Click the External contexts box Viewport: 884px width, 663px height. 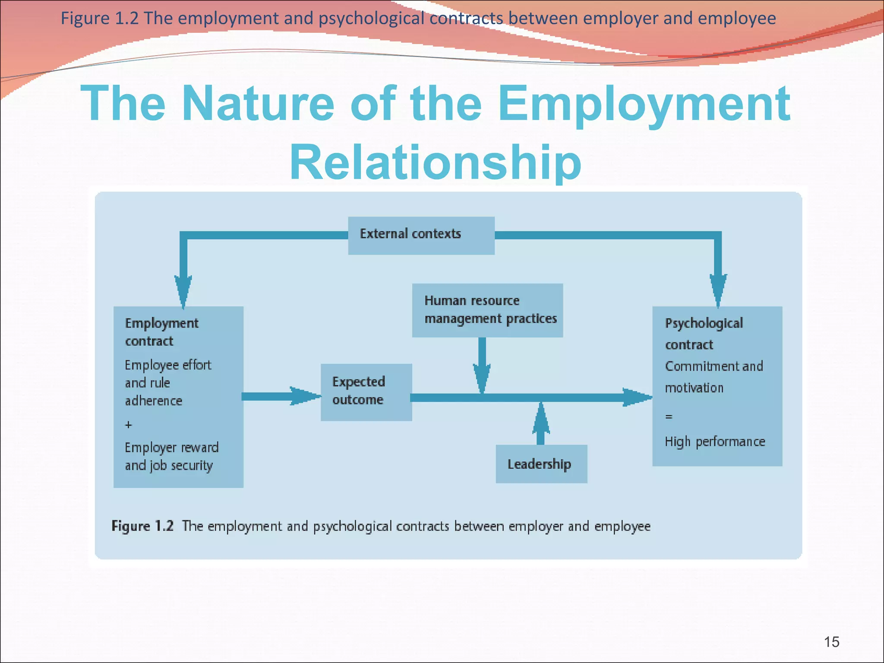pyautogui.click(x=421, y=235)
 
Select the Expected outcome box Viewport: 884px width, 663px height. pyautogui.click(x=366, y=392)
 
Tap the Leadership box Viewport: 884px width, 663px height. pyautogui.click(x=541, y=464)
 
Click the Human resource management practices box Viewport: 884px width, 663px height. pyautogui.click(x=487, y=310)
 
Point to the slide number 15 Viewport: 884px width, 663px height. pyautogui.click(x=831, y=642)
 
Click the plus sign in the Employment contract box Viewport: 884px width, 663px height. pyautogui.click(x=129, y=425)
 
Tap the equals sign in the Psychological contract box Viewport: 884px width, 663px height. pyautogui.click(x=669, y=417)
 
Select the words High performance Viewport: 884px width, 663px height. pyautogui.click(x=715, y=442)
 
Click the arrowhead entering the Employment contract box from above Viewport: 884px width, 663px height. pyautogui.click(x=183, y=291)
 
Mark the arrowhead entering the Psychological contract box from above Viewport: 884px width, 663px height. pyautogui.click(x=718, y=290)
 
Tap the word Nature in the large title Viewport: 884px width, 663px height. pyautogui.click(x=258, y=104)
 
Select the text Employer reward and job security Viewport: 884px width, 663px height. pyautogui.click(x=172, y=456)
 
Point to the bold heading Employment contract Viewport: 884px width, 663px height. pyautogui.click(x=161, y=332)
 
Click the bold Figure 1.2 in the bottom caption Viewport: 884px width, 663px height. pyautogui.click(x=142, y=526)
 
